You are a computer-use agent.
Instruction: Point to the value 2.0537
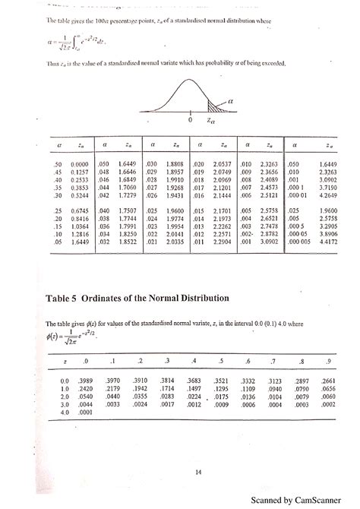(222, 163)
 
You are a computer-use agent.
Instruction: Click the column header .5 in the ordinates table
(220, 361)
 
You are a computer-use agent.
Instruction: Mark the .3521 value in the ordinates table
(220, 379)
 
